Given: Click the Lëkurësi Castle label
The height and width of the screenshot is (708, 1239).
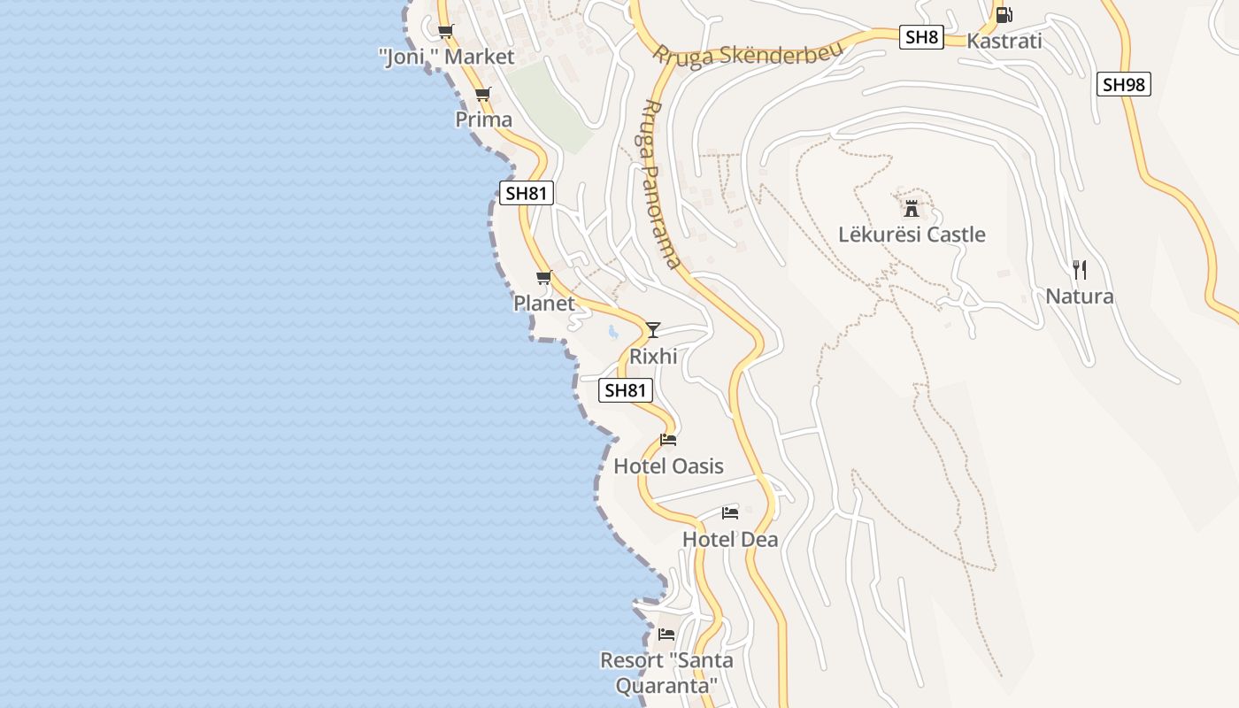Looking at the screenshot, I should (912, 235).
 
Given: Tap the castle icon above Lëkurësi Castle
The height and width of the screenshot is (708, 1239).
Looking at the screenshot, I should (912, 210).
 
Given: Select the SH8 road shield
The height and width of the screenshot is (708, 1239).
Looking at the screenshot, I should (921, 37).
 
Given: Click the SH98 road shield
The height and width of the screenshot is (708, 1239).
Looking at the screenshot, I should (1124, 85).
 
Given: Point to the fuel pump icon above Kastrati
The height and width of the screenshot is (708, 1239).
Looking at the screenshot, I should (1004, 15).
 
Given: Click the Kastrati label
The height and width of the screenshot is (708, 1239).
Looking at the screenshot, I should (1004, 41).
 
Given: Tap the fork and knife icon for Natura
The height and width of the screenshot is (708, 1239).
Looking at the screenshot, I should (1080, 270).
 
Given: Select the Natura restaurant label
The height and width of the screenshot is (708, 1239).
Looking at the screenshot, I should (1080, 296).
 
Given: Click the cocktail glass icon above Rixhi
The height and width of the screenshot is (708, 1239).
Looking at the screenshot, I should (653, 330).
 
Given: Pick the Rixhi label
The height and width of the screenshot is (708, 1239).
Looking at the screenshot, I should (653, 357).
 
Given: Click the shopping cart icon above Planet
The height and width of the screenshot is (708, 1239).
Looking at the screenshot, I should (544, 278).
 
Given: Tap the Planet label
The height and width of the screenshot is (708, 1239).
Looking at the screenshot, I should (544, 304).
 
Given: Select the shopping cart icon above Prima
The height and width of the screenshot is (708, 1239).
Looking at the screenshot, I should (483, 94).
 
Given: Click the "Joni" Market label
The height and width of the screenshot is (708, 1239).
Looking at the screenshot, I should (447, 58).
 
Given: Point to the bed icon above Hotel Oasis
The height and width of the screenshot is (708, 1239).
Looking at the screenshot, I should (668, 440).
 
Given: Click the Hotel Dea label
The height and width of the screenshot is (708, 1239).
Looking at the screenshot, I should (730, 539).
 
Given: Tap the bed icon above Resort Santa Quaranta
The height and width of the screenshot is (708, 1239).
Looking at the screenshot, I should (666, 635).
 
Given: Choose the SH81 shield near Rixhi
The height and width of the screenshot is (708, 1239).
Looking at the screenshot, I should (626, 390).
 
